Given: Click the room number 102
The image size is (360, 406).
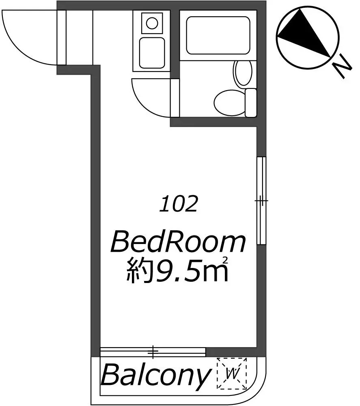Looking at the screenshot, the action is pos(179,204).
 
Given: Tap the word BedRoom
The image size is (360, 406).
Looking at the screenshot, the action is pos(178,243).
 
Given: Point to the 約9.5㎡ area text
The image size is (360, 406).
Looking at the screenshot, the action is pos(177,270).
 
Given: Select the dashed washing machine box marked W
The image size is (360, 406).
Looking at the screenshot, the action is pos(232,374).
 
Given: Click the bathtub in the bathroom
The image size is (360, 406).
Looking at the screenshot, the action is pos(218,35).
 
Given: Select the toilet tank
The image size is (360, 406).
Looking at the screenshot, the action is pos(250,103).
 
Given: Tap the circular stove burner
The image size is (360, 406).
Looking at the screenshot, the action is pos(152,23).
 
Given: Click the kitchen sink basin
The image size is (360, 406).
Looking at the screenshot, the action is pos(152,53).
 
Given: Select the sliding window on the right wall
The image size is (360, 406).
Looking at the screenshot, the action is pos(261,201).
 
